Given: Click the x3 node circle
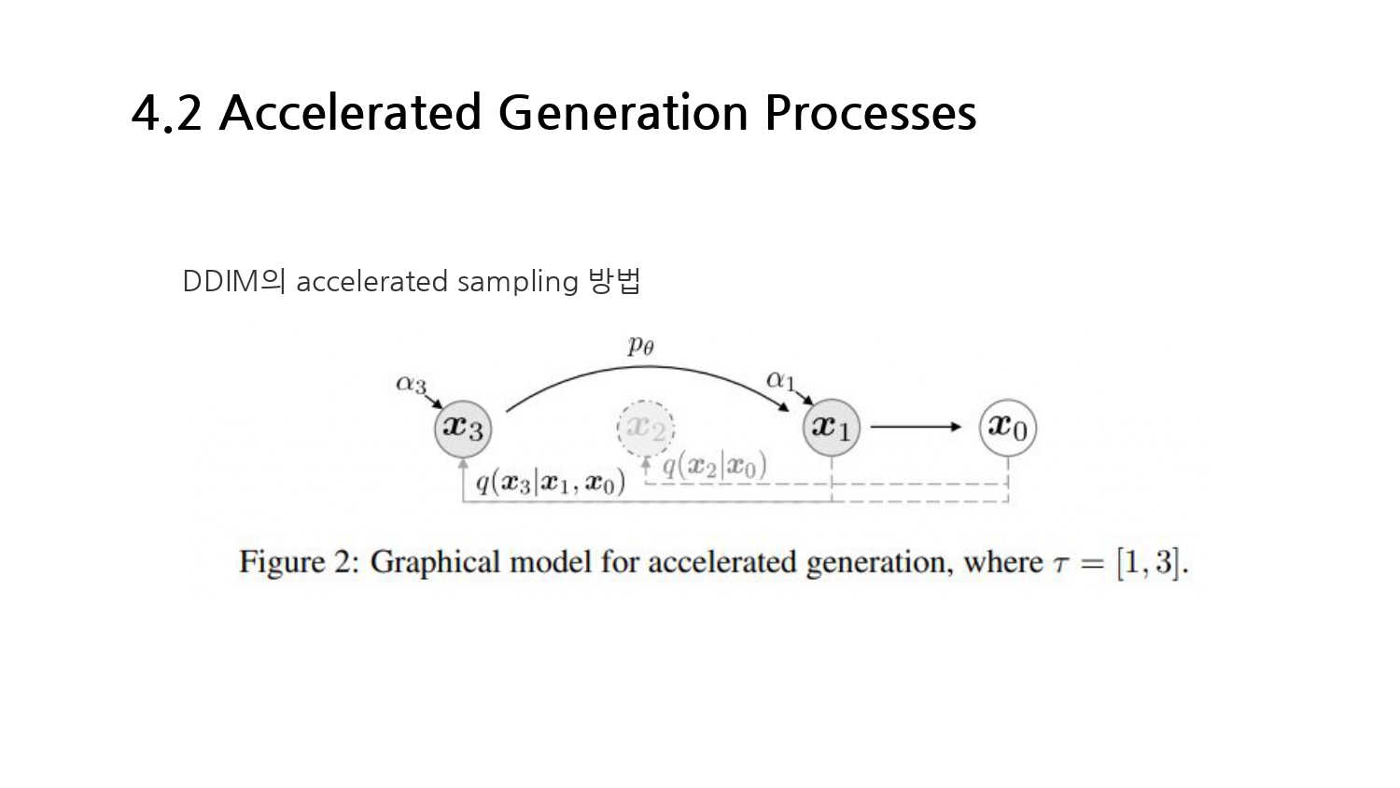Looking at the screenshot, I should point(463,428).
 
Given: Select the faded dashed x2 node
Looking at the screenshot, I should point(645,428).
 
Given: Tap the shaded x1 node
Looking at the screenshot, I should point(831,428).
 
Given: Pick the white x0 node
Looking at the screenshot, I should point(1007,428).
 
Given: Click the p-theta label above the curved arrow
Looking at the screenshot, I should point(640,345).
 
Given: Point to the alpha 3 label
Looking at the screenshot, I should point(411,384).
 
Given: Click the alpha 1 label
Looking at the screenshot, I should point(780,380).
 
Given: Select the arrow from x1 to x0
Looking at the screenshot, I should point(915,427).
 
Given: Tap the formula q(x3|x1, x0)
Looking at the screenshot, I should point(550,482).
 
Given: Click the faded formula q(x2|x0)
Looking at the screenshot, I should point(714,465).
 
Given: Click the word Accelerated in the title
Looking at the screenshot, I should point(350,113).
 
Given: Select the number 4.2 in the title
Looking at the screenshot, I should point(167,113).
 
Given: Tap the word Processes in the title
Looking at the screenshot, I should point(870,113).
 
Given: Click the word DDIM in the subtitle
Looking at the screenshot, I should point(220,281).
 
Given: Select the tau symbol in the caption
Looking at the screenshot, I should point(1060,564).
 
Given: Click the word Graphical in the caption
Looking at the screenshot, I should point(434,562).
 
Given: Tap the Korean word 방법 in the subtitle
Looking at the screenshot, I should point(615,280).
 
